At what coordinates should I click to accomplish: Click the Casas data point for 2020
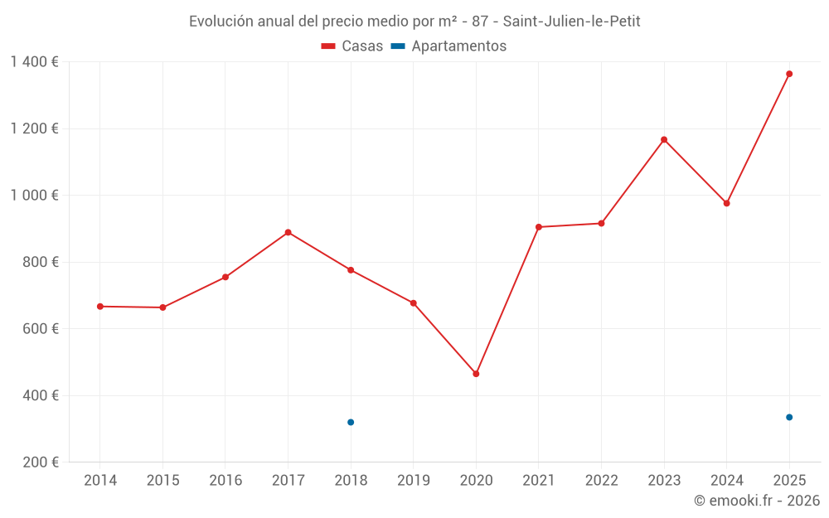click(476, 374)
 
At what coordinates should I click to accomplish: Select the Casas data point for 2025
click(789, 74)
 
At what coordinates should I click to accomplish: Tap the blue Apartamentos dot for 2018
click(351, 423)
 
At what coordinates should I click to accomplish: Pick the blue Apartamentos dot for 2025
click(789, 417)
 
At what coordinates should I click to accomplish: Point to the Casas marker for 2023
click(664, 139)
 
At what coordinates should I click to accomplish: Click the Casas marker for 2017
click(288, 232)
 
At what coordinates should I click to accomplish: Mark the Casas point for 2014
click(100, 307)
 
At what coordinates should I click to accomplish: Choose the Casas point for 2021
click(539, 227)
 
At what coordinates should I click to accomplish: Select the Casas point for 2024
click(727, 203)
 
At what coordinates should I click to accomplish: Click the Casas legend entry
click(352, 46)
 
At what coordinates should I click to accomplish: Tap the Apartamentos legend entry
click(448, 46)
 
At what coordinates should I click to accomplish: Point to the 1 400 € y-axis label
click(34, 62)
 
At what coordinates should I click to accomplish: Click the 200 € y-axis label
click(41, 462)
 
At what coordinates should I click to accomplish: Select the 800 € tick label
click(41, 262)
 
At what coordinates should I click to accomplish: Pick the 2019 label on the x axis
click(414, 481)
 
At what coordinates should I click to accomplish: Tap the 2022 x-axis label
click(601, 481)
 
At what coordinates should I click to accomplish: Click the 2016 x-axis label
click(225, 481)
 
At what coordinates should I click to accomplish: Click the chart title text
click(414, 22)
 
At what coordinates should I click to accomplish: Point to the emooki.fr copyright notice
click(757, 501)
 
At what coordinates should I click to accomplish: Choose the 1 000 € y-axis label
click(34, 196)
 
